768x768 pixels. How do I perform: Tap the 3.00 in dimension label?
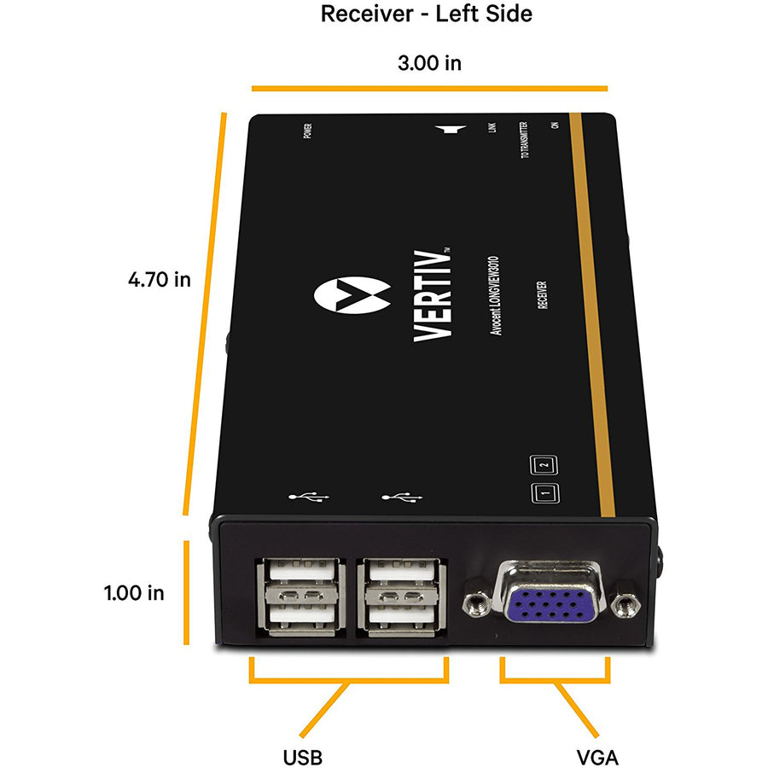429,64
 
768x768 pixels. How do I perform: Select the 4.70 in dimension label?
159,280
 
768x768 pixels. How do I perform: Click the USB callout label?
303,756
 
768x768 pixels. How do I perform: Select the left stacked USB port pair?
304,596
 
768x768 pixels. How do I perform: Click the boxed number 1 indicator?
544,493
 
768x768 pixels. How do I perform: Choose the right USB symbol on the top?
401,497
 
